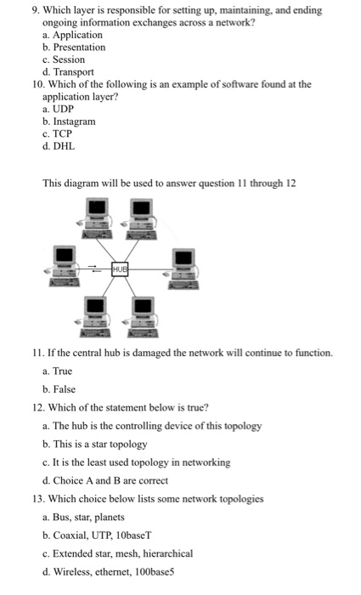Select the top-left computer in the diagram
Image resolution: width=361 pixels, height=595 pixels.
click(97, 217)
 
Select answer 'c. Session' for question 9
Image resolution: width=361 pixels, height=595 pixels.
click(64, 59)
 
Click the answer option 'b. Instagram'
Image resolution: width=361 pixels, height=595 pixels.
click(69, 122)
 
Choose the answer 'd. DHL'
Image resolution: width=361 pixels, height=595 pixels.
click(59, 146)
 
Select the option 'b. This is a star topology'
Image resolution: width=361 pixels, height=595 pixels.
click(94, 444)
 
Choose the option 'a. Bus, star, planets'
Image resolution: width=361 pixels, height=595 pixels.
click(83, 517)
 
